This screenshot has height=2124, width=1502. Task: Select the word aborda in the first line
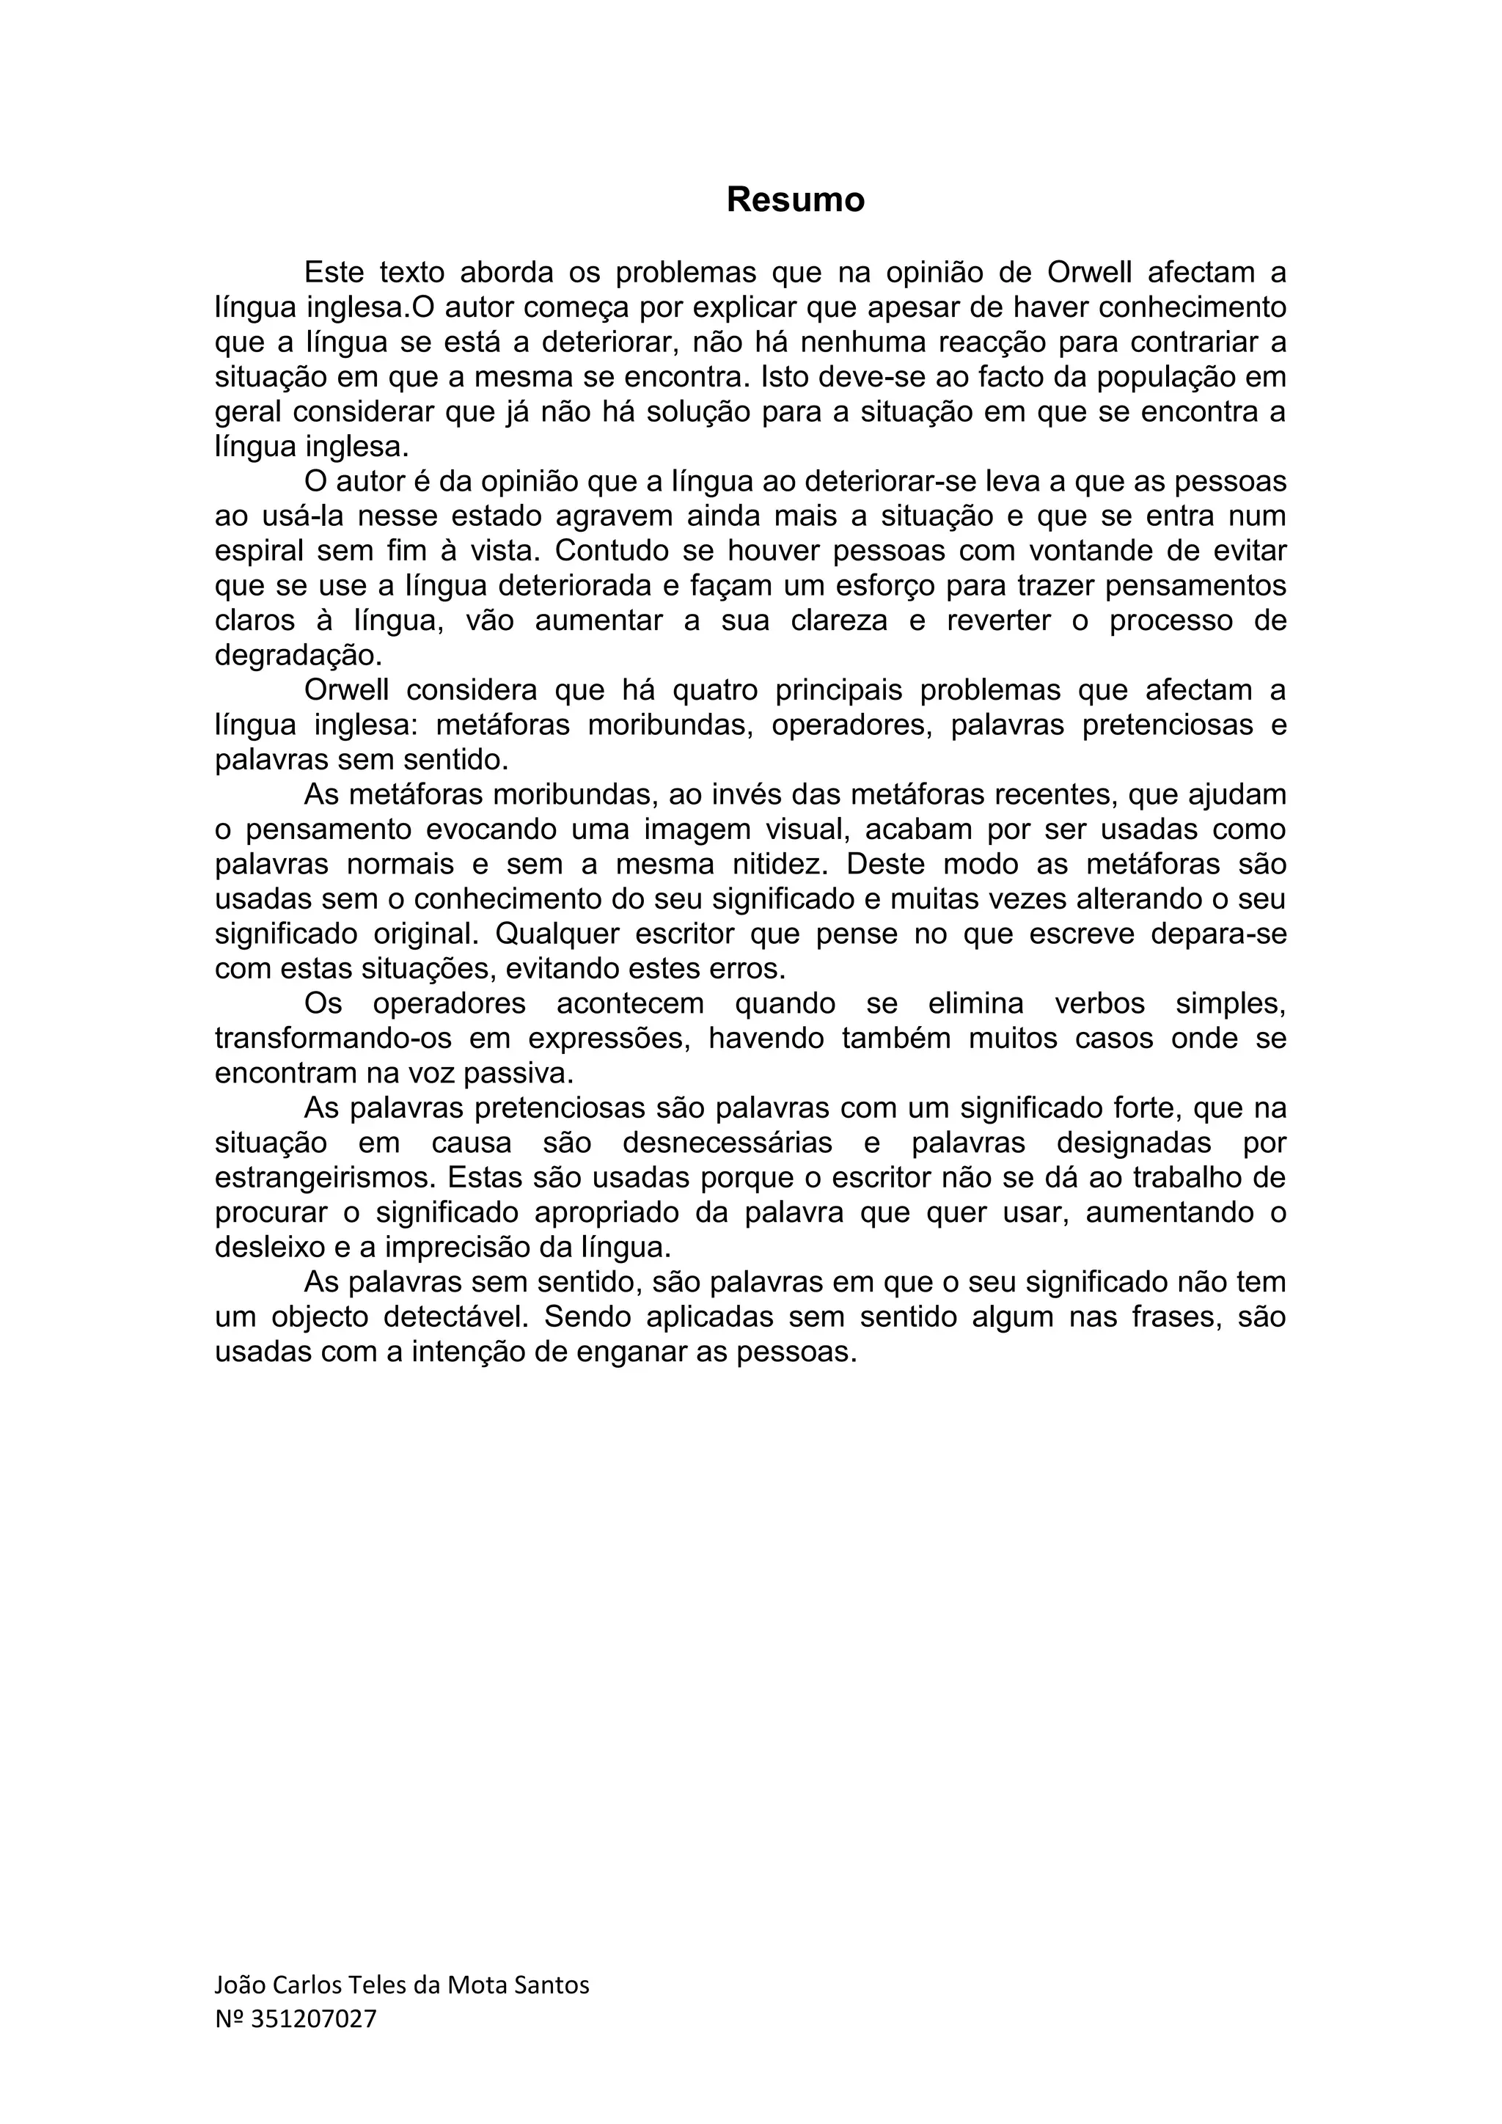[x=507, y=273]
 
